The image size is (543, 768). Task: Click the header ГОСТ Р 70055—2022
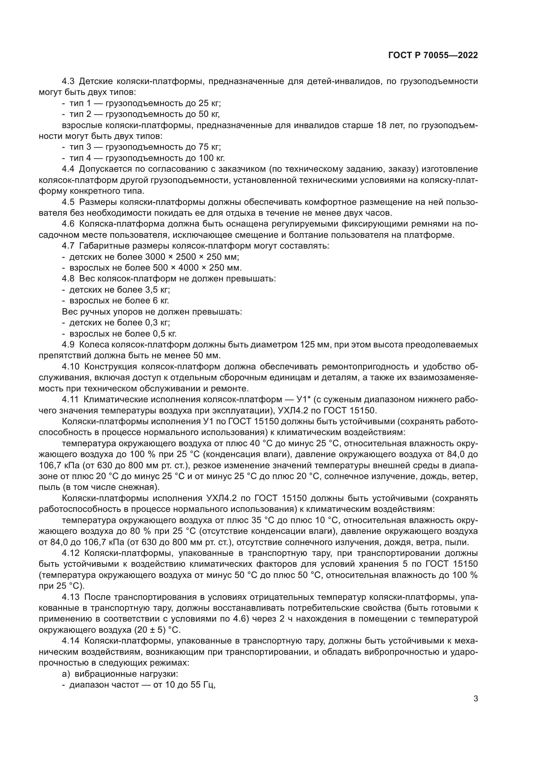point(433,55)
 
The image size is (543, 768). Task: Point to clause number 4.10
point(70,367)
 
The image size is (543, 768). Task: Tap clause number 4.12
point(70,553)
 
